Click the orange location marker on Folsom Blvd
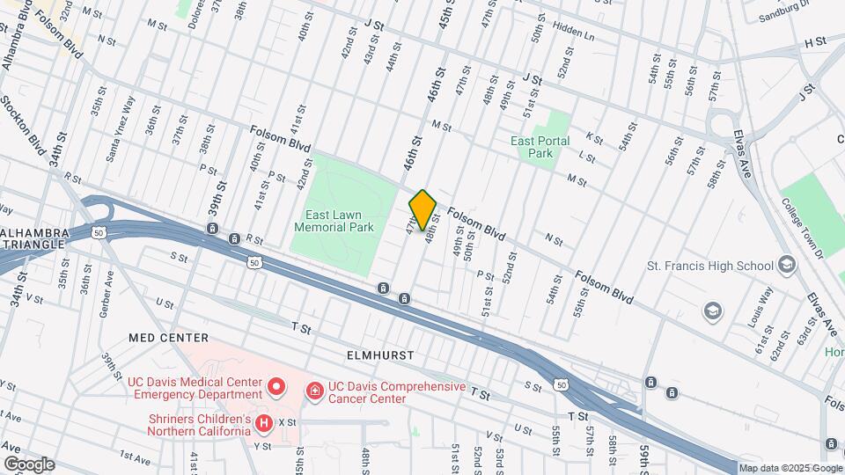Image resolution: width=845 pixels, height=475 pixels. pos(423,209)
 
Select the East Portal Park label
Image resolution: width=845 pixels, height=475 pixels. pos(540,147)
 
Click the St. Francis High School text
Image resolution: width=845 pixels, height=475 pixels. pos(709,266)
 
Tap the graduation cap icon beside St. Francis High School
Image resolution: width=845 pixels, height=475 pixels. pos(786,266)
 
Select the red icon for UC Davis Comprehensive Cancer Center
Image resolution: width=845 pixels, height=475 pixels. pos(313,389)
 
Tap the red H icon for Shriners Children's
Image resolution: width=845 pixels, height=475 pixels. pos(263,425)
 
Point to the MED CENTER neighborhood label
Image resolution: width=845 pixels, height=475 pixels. pos(168,338)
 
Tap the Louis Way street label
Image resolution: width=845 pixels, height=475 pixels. pos(760,307)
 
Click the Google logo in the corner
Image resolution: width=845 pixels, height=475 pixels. pos(28,464)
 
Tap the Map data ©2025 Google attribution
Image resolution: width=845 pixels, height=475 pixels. pos(790,469)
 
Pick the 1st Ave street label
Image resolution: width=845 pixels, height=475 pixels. pos(136,457)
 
